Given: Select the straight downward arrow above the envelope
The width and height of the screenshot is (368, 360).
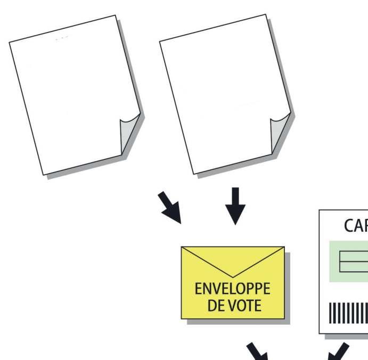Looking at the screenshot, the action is coord(234,206).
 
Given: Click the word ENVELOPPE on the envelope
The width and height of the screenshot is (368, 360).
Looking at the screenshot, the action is coord(232,289).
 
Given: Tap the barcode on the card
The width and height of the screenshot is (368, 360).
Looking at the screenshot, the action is coord(349,314).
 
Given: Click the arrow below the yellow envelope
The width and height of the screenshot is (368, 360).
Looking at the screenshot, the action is coord(258,351).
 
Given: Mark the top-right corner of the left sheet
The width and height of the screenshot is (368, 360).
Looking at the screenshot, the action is coord(116,15).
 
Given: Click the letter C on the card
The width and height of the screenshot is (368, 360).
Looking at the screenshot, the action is coord(349,226).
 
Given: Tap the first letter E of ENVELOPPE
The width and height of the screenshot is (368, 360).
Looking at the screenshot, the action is coord(198,289).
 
